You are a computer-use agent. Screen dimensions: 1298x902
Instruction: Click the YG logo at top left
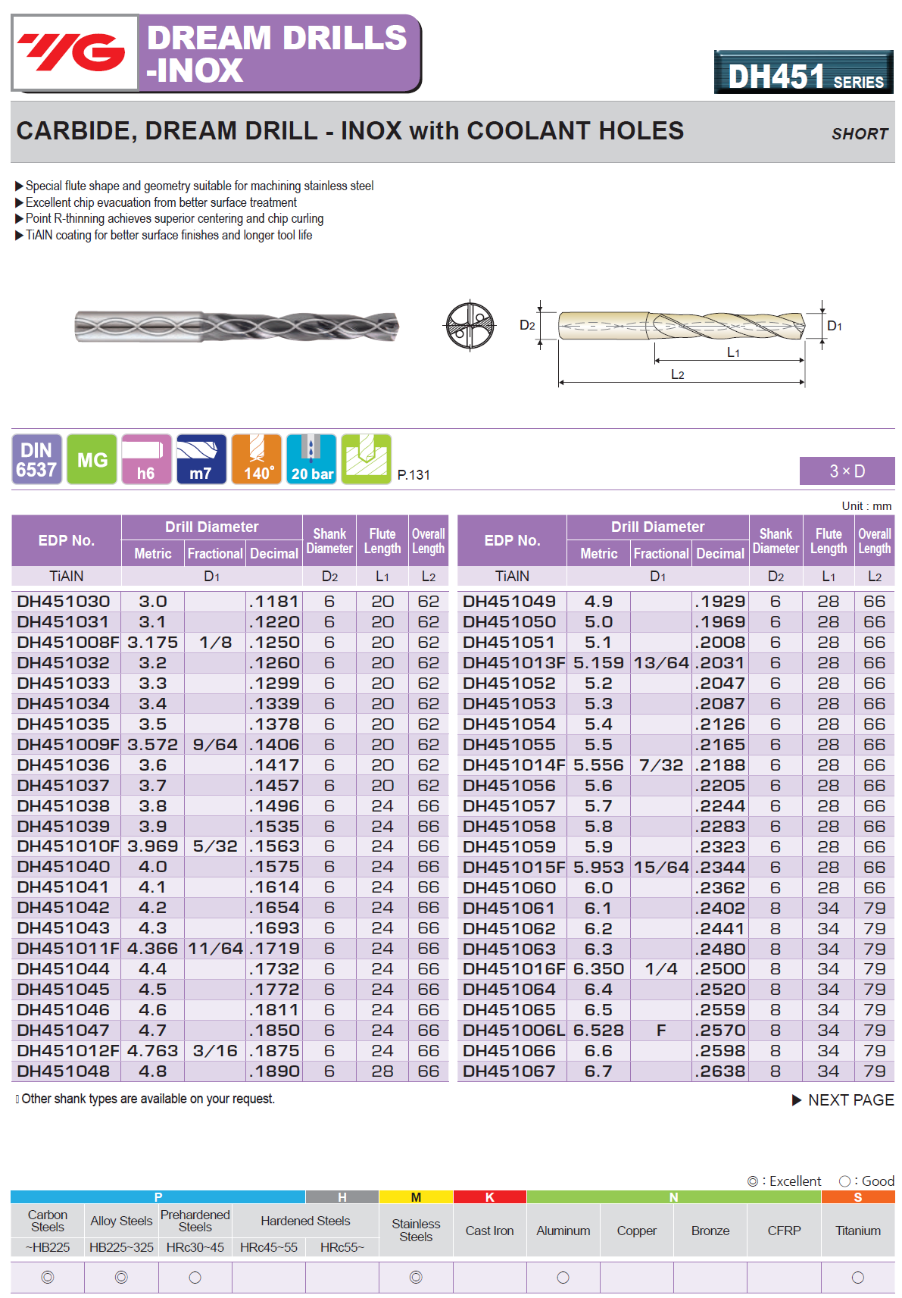(73, 52)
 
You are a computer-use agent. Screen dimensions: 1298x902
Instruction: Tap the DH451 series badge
(804, 73)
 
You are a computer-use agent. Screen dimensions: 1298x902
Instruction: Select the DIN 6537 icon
(36, 459)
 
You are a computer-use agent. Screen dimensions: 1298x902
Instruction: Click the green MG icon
(92, 459)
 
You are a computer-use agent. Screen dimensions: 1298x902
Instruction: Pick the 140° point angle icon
(257, 459)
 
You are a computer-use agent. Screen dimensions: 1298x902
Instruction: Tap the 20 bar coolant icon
(311, 459)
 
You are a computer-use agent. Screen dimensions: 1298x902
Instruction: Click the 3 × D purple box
(847, 471)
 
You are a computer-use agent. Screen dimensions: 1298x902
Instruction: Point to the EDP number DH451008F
(67, 643)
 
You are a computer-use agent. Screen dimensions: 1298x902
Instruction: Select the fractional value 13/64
(660, 663)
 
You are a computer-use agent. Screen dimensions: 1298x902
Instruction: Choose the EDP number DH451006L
(513, 1031)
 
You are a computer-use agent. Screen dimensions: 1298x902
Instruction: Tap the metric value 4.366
(152, 949)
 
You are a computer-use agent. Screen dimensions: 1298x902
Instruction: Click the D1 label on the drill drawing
(834, 326)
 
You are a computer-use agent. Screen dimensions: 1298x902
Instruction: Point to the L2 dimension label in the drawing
(677, 374)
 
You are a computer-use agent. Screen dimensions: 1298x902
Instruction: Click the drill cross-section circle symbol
(470, 326)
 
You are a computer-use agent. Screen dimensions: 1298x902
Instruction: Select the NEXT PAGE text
(850, 1100)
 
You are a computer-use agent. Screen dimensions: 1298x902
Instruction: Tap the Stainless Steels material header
(416, 1230)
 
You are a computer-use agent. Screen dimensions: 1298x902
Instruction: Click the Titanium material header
(857, 1231)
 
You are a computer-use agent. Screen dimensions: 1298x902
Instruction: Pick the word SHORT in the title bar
(859, 134)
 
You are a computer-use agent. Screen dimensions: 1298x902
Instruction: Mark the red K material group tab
(489, 1197)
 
